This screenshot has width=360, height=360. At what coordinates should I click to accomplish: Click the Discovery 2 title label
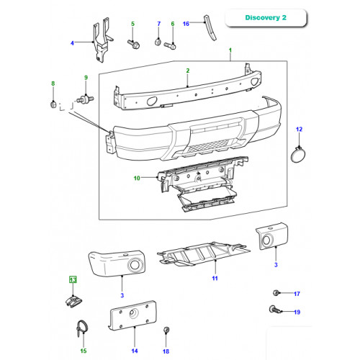coord(266,17)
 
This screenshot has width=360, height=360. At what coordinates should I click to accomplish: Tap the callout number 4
coord(72,43)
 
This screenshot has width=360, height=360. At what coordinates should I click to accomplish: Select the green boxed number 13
coord(73,279)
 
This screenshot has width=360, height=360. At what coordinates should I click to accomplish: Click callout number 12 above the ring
coord(299,130)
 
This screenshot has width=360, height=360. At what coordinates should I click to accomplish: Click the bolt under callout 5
coord(134,44)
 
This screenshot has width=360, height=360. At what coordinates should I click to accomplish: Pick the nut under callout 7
coord(158,42)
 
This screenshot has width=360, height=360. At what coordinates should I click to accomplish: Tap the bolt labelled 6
coord(170,45)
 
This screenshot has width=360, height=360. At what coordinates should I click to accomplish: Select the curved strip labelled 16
coord(210,28)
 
